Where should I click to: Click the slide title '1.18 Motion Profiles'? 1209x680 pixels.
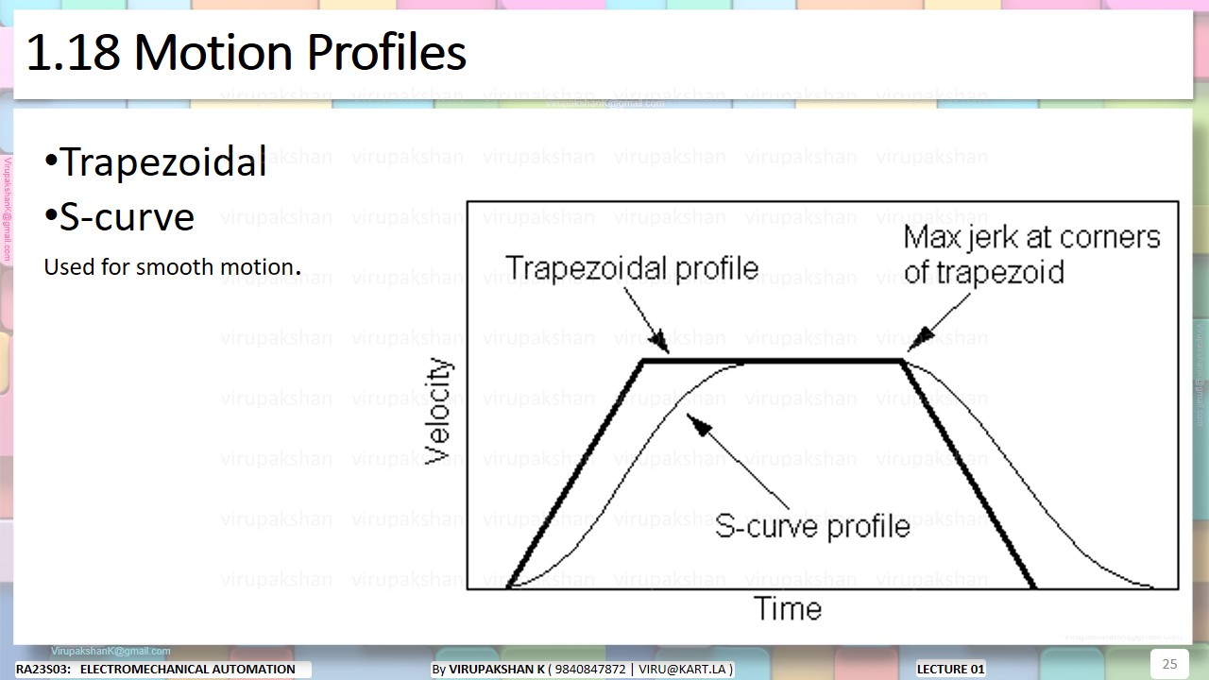246,53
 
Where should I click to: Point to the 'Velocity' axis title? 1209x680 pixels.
438,411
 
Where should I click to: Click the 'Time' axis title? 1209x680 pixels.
788,609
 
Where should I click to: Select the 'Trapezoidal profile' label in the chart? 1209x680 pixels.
631,267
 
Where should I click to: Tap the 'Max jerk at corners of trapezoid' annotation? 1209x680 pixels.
1031,254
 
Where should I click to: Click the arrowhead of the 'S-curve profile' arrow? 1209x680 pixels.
699,426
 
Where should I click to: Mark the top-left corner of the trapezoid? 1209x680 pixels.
643,361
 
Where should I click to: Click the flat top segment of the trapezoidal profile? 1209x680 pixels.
775,361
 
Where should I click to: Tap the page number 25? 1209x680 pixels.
1169,663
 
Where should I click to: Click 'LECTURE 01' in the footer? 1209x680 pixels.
950,670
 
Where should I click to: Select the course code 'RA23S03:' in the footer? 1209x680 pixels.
43,670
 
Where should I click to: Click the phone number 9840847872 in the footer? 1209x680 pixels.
591,670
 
